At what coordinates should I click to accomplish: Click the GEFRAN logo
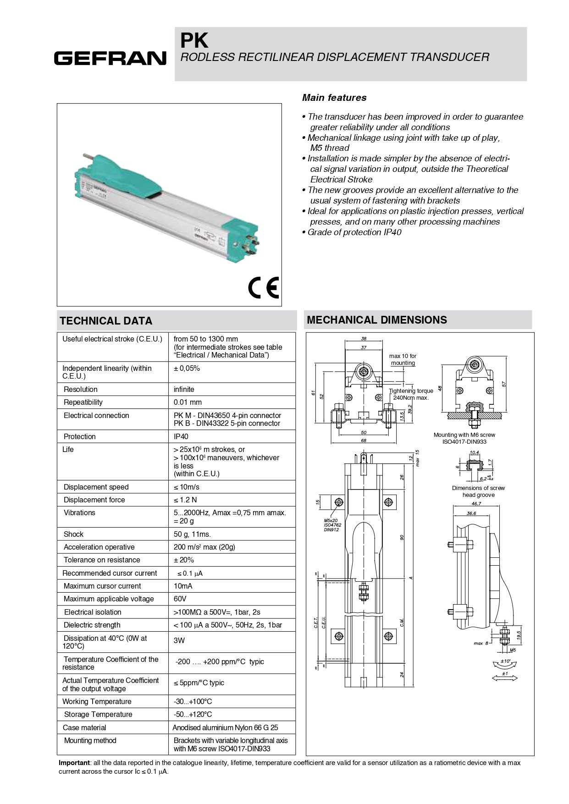point(110,58)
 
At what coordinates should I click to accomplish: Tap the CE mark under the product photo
point(263,288)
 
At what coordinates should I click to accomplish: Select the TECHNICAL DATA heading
point(106,321)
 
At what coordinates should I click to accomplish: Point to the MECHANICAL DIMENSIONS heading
point(376,320)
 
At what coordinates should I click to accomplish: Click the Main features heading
point(334,98)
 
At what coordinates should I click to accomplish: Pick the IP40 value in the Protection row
point(181,436)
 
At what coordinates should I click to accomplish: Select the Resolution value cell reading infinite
point(184,389)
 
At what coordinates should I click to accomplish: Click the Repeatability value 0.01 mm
point(188,402)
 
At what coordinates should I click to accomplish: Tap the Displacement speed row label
point(96,487)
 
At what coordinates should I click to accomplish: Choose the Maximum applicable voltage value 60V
point(180,599)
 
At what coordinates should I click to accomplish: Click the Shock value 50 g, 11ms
point(192,534)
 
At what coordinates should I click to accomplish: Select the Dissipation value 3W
point(179,640)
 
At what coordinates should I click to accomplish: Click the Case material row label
point(85,727)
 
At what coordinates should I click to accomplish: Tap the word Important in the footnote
point(74,763)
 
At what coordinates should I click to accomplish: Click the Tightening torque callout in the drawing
point(411,394)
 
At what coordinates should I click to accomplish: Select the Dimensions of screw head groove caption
point(478,491)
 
